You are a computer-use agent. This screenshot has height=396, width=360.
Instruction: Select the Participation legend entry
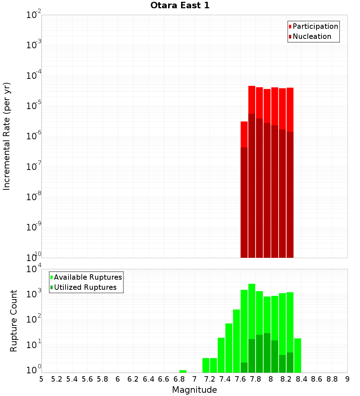pyautogui.click(x=315, y=27)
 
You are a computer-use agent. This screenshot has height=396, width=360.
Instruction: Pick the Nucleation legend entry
pyautogui.click(x=312, y=37)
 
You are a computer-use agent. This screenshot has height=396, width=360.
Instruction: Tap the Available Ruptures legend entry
pyautogui.click(x=88, y=278)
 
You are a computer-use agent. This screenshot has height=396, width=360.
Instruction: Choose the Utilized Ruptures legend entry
pyautogui.click(x=85, y=288)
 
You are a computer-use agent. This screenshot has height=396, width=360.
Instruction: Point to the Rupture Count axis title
pyautogui.click(x=14, y=321)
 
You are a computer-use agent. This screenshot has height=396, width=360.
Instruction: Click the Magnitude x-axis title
pyautogui.click(x=194, y=390)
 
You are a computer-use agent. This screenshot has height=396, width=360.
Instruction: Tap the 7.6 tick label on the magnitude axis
pyautogui.click(x=240, y=379)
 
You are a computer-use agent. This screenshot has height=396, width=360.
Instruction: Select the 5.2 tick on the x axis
pyautogui.click(x=57, y=379)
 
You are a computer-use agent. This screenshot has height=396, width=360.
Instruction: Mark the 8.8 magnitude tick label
pyautogui.click(x=332, y=379)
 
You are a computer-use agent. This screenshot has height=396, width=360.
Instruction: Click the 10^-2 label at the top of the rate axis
pyautogui.click(x=34, y=15)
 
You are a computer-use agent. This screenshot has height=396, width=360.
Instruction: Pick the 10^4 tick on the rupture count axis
pyautogui.click(x=34, y=269)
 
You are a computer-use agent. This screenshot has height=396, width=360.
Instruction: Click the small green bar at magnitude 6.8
pyautogui.click(x=183, y=371)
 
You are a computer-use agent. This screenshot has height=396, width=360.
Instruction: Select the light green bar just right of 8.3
pyautogui.click(x=297, y=355)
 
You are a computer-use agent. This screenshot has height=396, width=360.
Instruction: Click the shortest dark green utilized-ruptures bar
pyautogui.click(x=244, y=368)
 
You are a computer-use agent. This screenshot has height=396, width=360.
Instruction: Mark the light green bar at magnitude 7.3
pyautogui.click(x=213, y=365)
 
